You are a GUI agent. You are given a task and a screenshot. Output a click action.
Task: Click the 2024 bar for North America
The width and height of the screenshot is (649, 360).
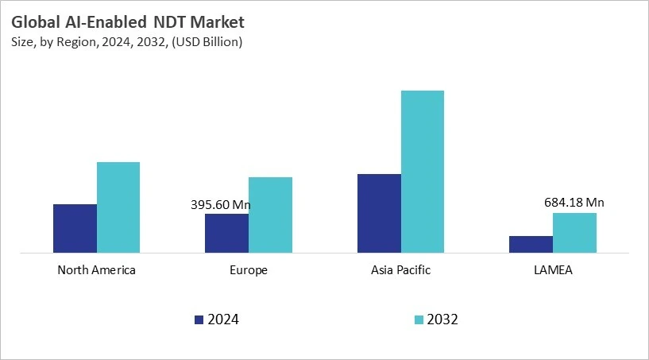[x=75, y=229]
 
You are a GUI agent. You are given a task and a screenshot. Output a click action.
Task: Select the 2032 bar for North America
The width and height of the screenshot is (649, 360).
[x=118, y=207]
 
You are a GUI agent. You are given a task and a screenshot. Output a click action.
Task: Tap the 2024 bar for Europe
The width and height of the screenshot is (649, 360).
[x=226, y=234]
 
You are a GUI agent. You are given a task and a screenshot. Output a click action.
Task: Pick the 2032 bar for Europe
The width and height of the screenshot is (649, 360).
[x=270, y=215]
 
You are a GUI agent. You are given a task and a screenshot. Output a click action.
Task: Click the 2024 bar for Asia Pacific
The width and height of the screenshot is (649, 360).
[x=379, y=214]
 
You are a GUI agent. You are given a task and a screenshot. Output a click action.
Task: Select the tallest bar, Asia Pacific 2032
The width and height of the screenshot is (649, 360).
[x=423, y=172]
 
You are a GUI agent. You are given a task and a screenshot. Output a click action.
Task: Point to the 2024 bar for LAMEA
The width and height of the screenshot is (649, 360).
[x=531, y=245]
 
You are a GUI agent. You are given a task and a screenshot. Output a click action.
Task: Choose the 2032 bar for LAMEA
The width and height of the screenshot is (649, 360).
[x=574, y=233]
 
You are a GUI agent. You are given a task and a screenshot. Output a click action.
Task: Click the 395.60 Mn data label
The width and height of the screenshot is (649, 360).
[x=221, y=205]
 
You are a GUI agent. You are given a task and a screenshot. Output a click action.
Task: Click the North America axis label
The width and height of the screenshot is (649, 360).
[x=97, y=270]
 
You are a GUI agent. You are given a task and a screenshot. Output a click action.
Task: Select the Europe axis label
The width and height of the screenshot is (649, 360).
[x=249, y=270]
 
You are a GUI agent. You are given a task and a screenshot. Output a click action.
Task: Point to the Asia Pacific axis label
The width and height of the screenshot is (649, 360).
[x=400, y=270]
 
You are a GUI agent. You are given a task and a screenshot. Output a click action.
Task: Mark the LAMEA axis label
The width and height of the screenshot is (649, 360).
[x=553, y=270]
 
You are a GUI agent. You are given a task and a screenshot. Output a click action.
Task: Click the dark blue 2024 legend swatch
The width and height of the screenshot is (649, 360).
[x=199, y=320]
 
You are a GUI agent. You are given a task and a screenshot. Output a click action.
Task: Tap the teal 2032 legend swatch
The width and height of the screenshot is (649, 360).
[x=418, y=320]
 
